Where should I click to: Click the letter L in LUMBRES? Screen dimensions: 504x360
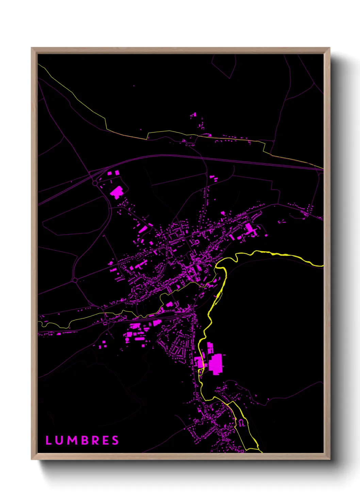coord(48,440)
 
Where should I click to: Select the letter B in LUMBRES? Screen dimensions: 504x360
coord(84,440)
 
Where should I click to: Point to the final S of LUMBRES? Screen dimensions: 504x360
coord(116,440)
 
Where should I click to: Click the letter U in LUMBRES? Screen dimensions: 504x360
coord(59,440)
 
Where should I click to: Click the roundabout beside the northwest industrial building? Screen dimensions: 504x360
coord(95,183)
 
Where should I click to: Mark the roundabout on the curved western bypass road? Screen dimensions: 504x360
coord(75,280)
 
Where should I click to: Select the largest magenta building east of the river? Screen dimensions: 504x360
coord(215,364)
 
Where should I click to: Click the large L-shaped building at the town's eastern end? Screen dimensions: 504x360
coord(250,229)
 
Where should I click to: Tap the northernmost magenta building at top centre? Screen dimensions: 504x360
coord(194,115)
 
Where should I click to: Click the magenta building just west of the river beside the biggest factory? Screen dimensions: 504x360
coord(198,362)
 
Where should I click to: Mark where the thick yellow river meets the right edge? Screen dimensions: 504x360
coord(323,265)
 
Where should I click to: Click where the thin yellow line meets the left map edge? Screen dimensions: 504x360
coord(38,64)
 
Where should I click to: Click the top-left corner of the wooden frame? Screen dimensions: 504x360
coord(32,48)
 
